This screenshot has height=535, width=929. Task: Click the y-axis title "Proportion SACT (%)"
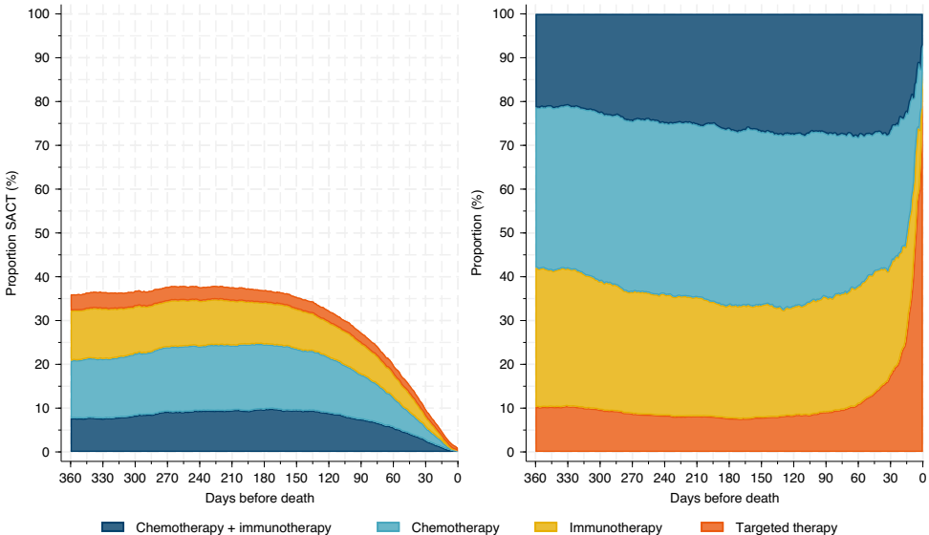click(11, 233)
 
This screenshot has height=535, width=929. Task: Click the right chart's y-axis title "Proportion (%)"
click(477, 233)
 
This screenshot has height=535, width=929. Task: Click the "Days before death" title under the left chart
click(259, 498)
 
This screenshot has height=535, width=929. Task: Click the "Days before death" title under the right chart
click(725, 498)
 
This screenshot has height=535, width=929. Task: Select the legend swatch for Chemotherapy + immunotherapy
click(113, 527)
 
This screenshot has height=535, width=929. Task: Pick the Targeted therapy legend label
click(786, 527)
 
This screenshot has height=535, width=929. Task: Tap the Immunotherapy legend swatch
click(545, 527)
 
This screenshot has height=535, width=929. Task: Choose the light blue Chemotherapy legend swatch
click(387, 527)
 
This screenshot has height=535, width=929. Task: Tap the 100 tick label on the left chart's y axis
click(39, 14)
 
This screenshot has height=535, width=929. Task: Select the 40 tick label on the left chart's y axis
click(43, 277)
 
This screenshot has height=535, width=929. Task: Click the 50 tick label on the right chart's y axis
click(508, 233)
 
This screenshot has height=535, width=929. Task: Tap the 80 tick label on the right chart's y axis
click(508, 102)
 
